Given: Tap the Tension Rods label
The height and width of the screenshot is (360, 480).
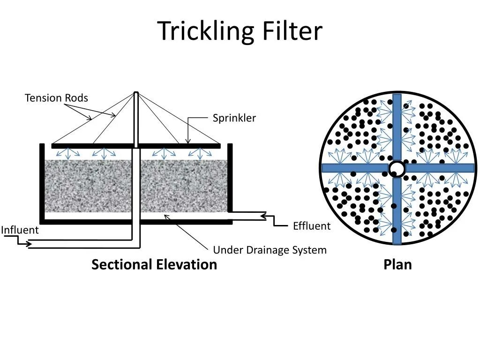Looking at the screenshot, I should click(x=56, y=98).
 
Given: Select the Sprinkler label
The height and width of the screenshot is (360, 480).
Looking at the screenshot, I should click(x=234, y=118).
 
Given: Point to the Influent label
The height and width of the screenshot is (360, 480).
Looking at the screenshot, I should click(x=20, y=230).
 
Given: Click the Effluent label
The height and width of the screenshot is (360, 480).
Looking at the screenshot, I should click(x=312, y=226).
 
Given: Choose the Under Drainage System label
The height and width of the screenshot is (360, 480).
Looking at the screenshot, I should click(x=270, y=250).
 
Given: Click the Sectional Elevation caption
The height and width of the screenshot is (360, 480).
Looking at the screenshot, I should click(x=154, y=264).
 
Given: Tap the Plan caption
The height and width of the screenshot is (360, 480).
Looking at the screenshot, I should click(x=397, y=264).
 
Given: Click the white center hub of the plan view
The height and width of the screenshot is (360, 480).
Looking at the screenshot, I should click(x=397, y=168).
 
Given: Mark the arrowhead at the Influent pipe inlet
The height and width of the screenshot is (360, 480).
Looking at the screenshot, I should click(x=29, y=244).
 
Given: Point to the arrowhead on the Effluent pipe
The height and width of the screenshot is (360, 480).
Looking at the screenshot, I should click(x=263, y=216).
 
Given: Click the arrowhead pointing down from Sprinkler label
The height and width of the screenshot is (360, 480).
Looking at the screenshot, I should click(x=188, y=141).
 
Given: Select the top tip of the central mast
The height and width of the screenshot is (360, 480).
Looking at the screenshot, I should click(x=136, y=93).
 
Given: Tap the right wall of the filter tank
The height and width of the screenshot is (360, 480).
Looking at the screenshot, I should click(x=230, y=178).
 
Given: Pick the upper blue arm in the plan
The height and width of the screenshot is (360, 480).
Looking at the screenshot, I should click(x=397, y=127).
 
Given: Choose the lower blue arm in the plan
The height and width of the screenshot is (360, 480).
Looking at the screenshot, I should click(x=397, y=211).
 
